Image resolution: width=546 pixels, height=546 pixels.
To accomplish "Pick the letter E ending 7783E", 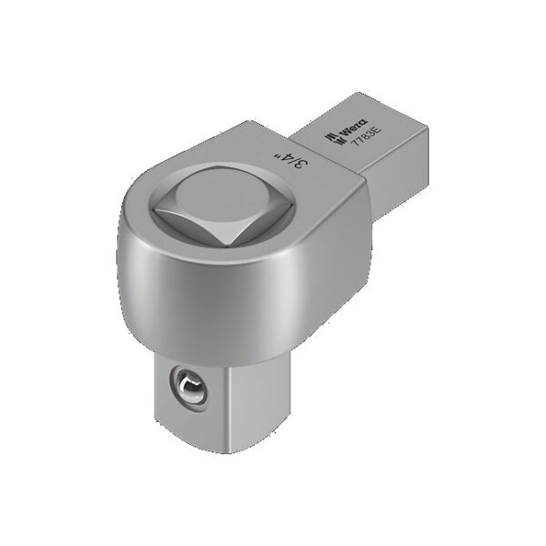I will click(357, 161).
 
